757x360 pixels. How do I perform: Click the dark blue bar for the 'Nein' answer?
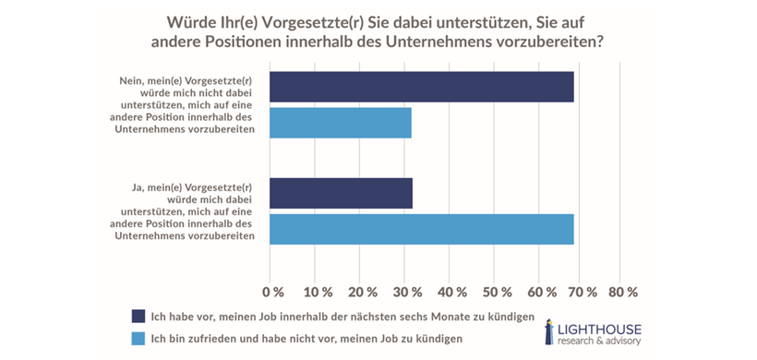coord(421,87)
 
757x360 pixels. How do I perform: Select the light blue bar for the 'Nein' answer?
coord(340,123)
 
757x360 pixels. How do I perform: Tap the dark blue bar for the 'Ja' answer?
coord(341,194)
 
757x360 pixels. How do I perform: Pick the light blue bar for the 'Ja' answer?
coord(421,229)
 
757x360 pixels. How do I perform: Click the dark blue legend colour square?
coord(138,317)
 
